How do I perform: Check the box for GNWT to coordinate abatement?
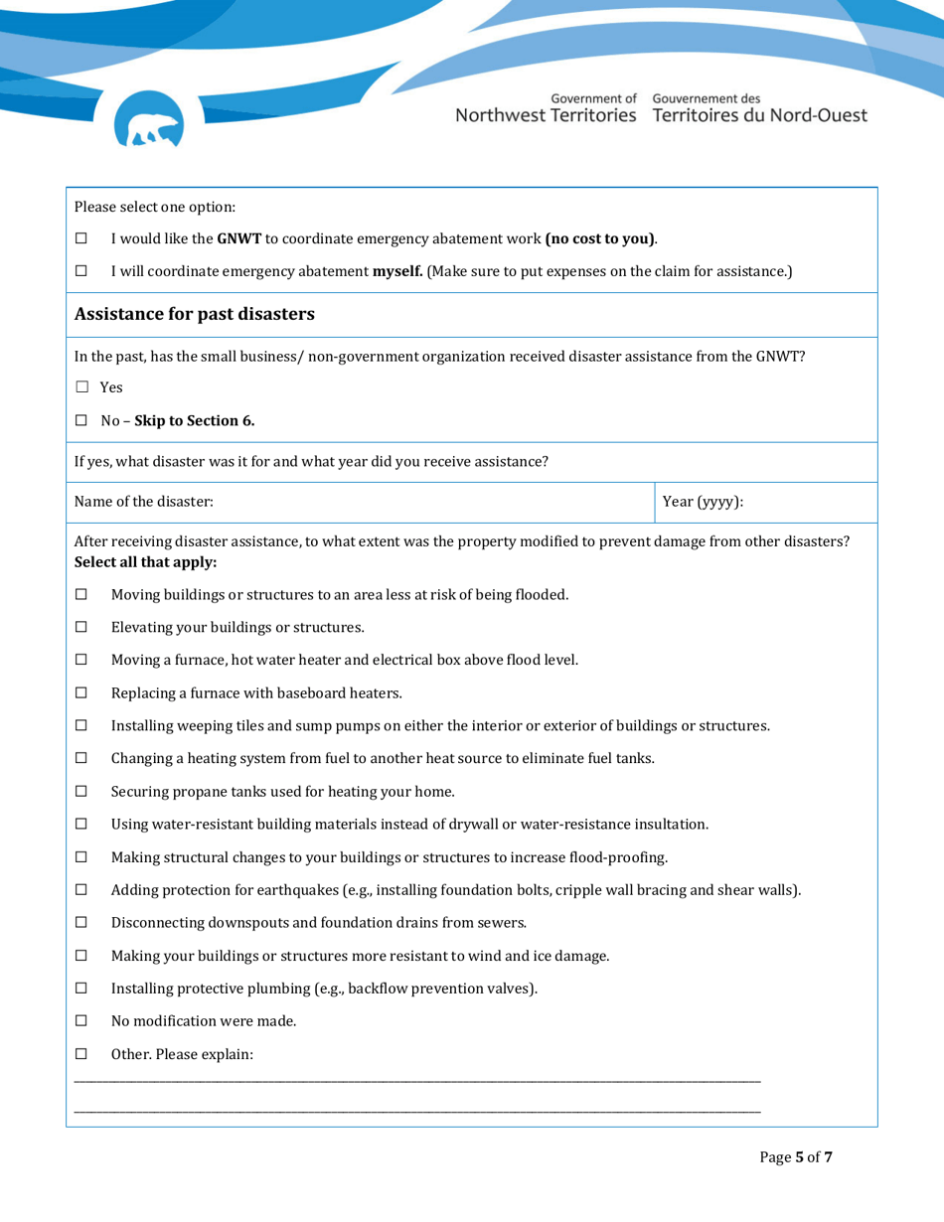click(x=81, y=239)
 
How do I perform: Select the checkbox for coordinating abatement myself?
click(x=81, y=271)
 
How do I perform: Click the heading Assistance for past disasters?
click(x=195, y=315)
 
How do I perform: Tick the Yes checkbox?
click(x=82, y=387)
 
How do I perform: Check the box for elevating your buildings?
click(x=81, y=627)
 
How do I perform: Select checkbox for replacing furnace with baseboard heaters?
click(x=81, y=693)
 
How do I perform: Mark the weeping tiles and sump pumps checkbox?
click(x=81, y=726)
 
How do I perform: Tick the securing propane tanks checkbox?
click(x=81, y=792)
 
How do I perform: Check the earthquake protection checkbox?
click(x=81, y=890)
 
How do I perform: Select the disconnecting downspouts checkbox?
click(x=81, y=923)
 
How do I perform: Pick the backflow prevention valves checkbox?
click(x=81, y=989)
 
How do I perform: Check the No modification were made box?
click(x=81, y=1021)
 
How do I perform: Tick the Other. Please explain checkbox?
click(x=81, y=1054)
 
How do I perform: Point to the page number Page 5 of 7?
click(x=795, y=1157)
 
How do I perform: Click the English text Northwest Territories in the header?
click(x=546, y=115)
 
